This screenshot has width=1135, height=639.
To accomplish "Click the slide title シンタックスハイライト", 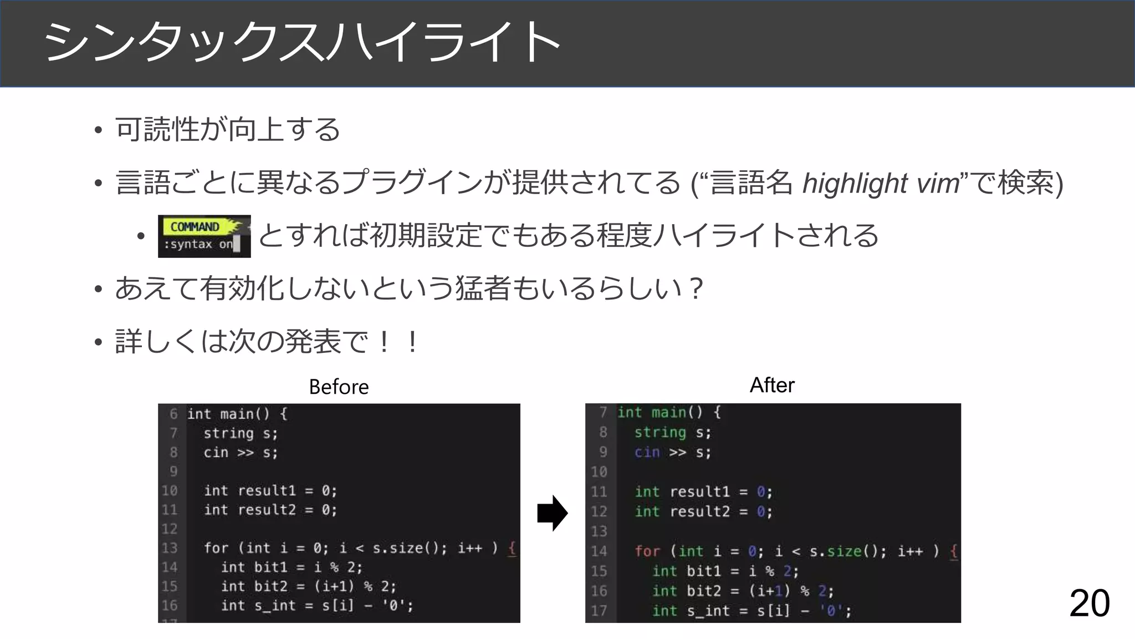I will click(302, 42).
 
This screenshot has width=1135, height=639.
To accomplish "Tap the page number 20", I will click(1089, 603).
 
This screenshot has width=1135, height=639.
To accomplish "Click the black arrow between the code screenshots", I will click(552, 513).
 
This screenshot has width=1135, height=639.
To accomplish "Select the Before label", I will click(339, 387).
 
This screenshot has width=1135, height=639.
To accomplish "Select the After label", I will click(772, 385).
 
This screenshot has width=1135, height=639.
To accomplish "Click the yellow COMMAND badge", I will click(195, 227).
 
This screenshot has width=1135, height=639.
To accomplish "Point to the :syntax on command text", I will click(198, 245).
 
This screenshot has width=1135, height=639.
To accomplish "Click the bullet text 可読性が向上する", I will click(228, 130).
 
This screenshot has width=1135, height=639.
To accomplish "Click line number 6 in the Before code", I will click(173, 414).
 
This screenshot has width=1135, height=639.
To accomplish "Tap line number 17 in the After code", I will click(599, 611).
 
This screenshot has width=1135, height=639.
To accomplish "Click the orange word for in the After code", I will click(647, 551).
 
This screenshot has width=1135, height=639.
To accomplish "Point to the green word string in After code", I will click(660, 432).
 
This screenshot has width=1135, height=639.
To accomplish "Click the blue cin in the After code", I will click(647, 452).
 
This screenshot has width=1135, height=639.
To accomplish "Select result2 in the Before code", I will click(267, 510).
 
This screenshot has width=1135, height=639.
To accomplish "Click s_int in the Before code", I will click(275, 605).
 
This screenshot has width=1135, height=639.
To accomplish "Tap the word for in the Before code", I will click(216, 548).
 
